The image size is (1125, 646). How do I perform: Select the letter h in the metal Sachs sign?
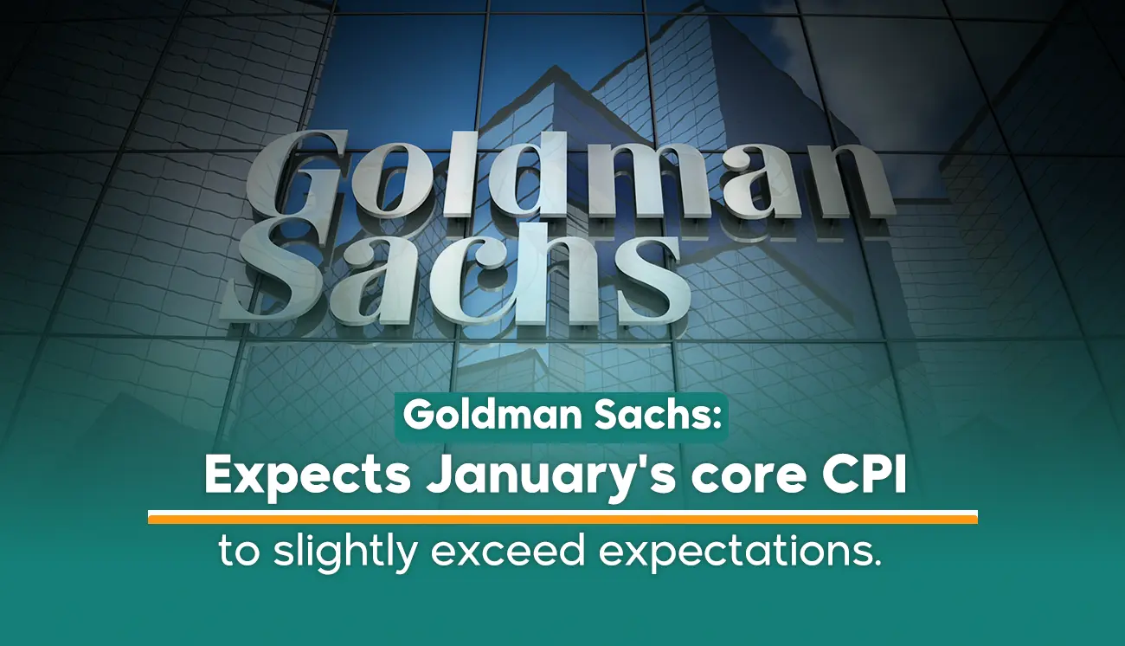(x=561, y=270)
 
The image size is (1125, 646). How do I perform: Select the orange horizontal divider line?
(x=562, y=517)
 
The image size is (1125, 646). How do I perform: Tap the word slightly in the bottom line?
(x=345, y=552)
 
